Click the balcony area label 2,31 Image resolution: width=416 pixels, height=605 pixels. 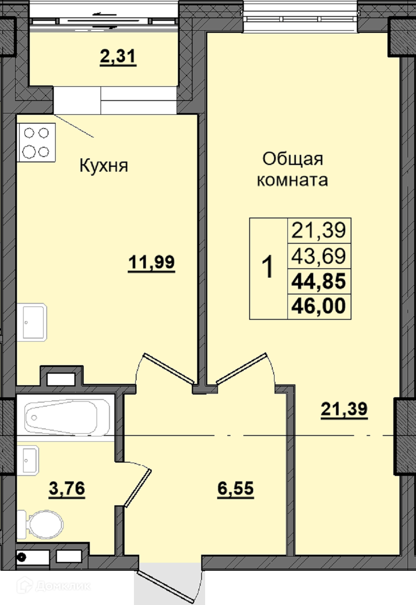click(118, 57)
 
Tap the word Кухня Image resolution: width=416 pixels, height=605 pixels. click(104, 165)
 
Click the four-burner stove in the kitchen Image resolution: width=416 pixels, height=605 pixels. click(36, 143)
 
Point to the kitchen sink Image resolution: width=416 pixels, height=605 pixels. click(32, 322)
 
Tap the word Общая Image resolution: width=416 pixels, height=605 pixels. click(293, 159)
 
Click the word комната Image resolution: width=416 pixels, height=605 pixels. click(292, 180)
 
